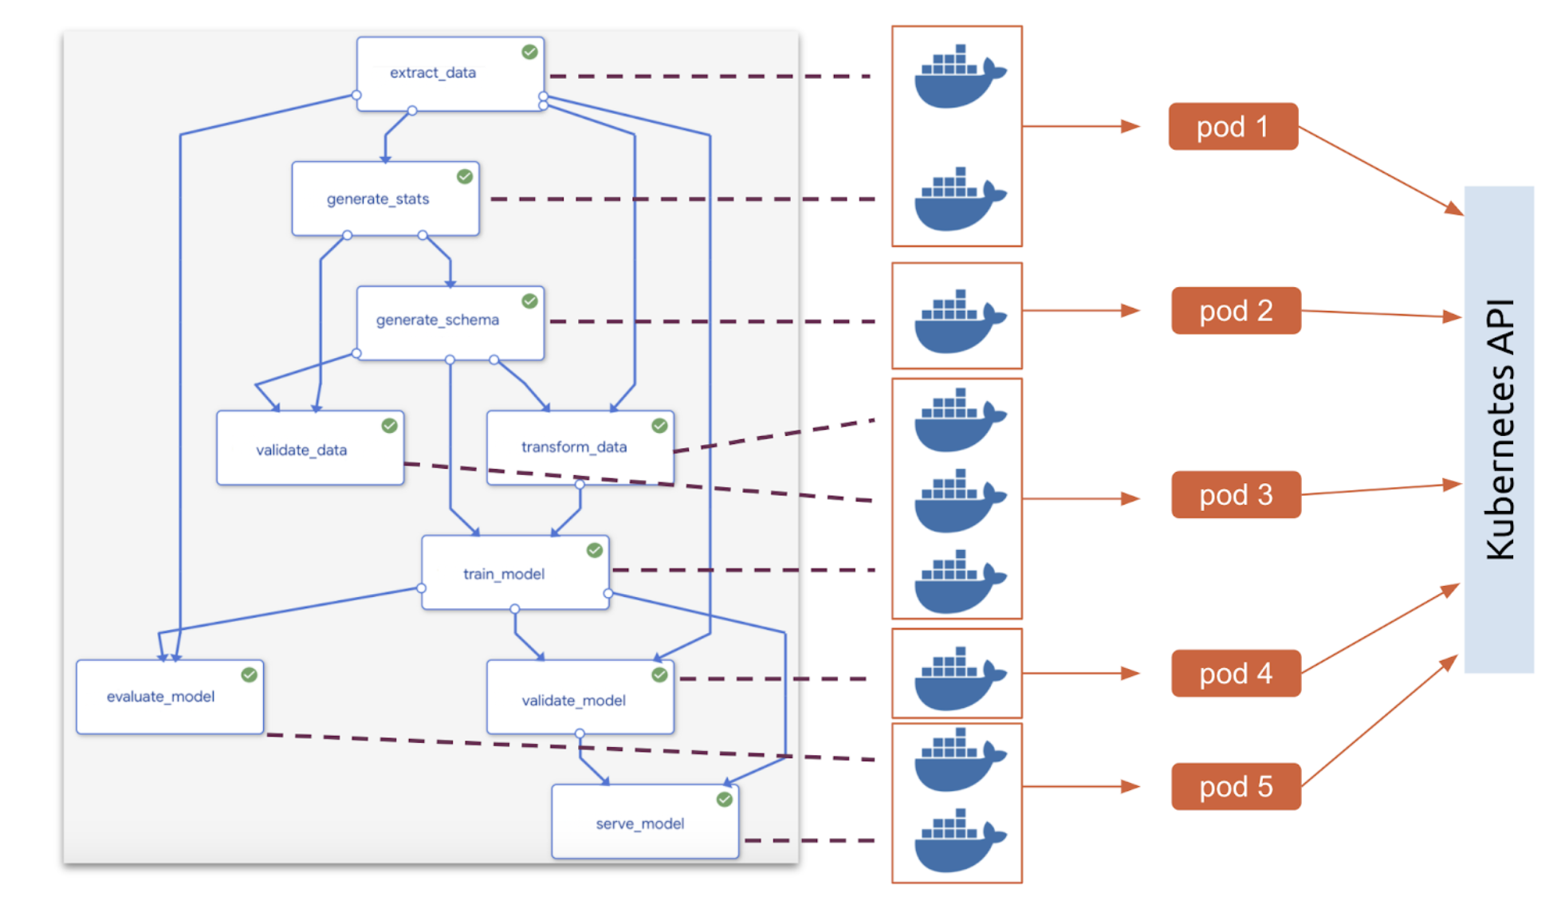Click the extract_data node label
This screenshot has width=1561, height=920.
point(433,73)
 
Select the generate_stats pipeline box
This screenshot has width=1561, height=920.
point(386,199)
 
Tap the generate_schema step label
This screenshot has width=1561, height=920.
point(438,320)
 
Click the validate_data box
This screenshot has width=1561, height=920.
point(310,448)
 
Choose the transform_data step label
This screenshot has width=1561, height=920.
point(574,446)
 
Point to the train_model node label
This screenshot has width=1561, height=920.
point(504,574)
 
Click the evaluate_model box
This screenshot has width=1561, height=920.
point(170,697)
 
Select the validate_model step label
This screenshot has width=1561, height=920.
point(574,701)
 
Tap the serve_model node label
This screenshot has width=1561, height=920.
point(640,824)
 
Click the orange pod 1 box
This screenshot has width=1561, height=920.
point(1233,127)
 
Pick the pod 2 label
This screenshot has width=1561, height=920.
point(1236,311)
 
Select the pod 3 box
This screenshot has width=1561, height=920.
point(1236,495)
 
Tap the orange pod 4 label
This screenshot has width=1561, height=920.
point(1236,674)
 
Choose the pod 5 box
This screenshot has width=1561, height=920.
point(1236,787)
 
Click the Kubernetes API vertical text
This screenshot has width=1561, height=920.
point(1500,429)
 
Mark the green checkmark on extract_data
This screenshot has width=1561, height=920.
point(529,52)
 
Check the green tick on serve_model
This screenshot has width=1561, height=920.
point(724,800)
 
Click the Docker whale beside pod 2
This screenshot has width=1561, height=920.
point(959,320)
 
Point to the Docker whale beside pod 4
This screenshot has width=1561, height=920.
point(959,678)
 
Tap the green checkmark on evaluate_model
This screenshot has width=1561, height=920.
point(249,675)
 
